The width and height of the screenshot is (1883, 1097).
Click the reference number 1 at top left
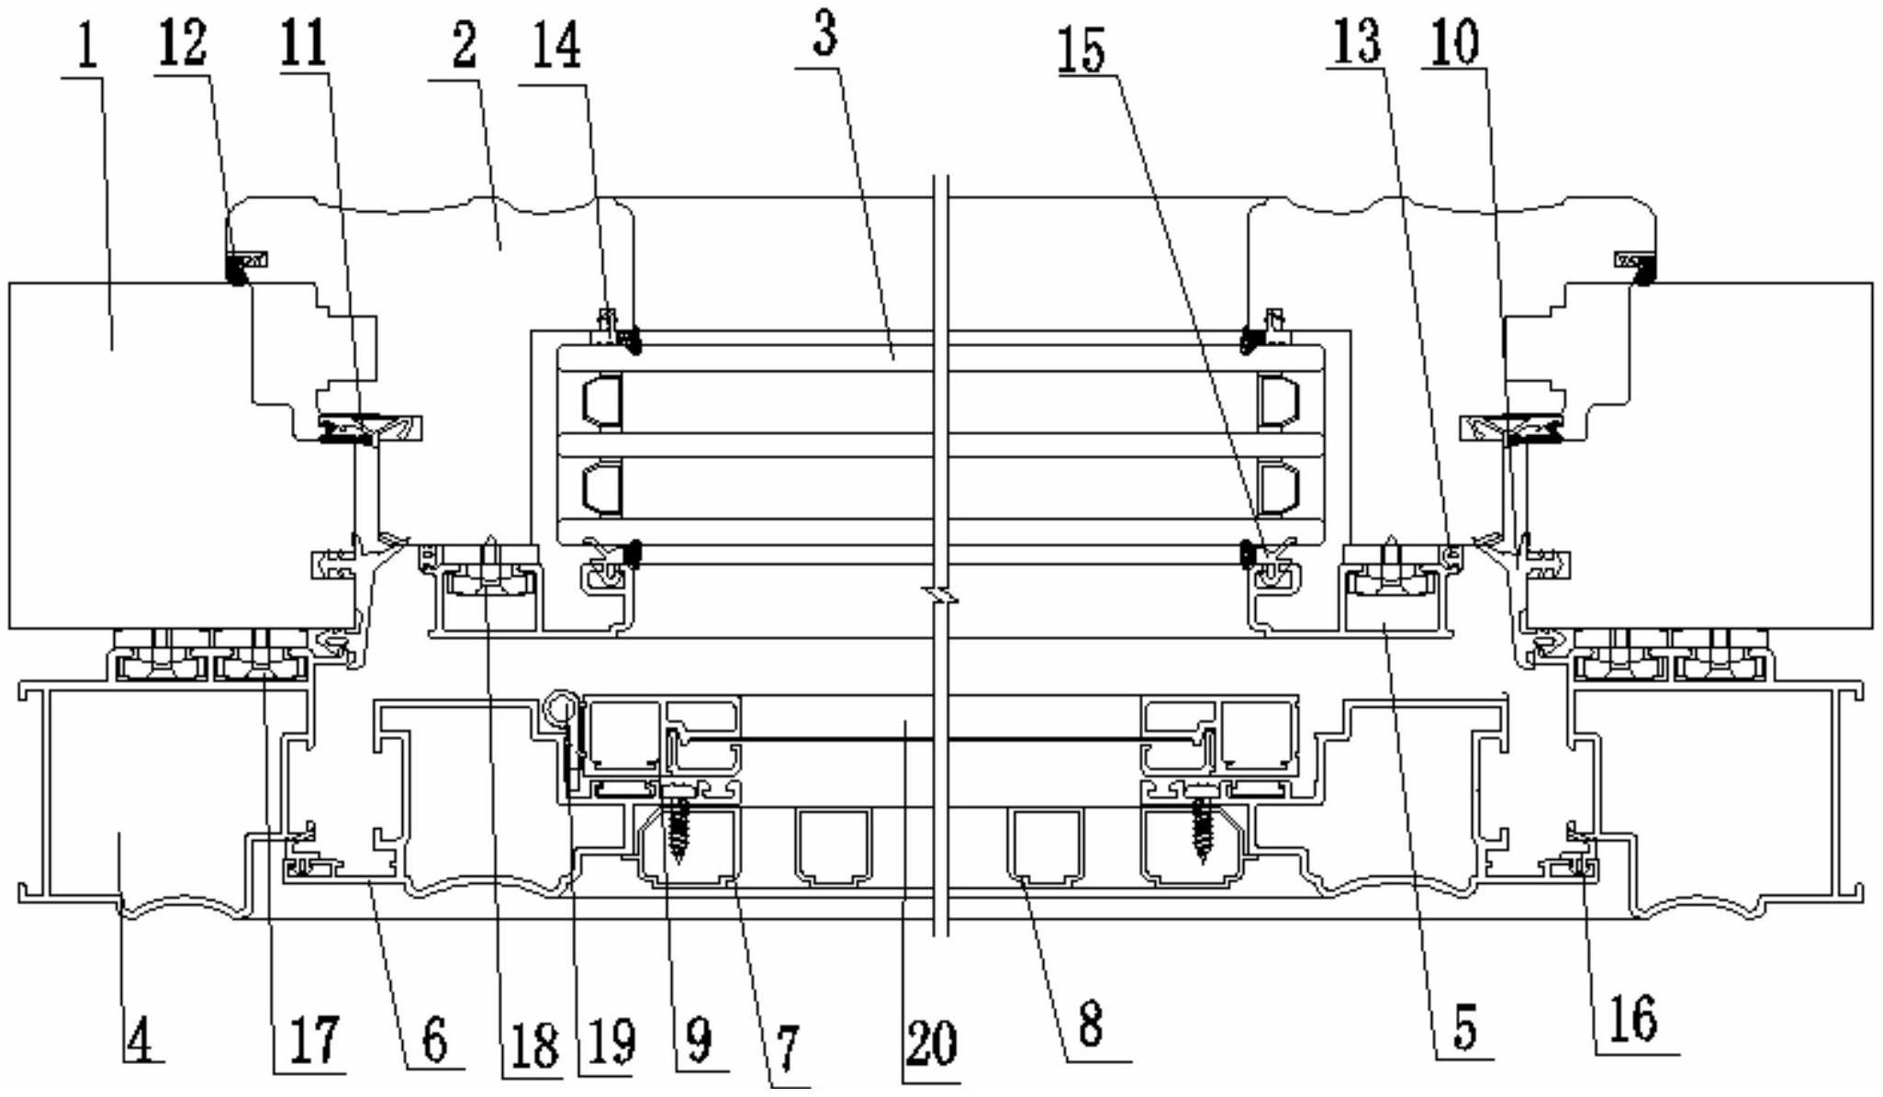pos(87,49)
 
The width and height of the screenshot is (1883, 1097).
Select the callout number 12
pos(183,43)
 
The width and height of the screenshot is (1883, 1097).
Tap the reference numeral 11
pos(304,43)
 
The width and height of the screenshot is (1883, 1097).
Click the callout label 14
pos(556,46)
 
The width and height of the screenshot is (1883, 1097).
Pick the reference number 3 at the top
pos(824,34)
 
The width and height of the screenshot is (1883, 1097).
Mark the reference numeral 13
pos(1357,41)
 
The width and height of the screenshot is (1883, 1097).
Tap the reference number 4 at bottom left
pos(139,1037)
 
